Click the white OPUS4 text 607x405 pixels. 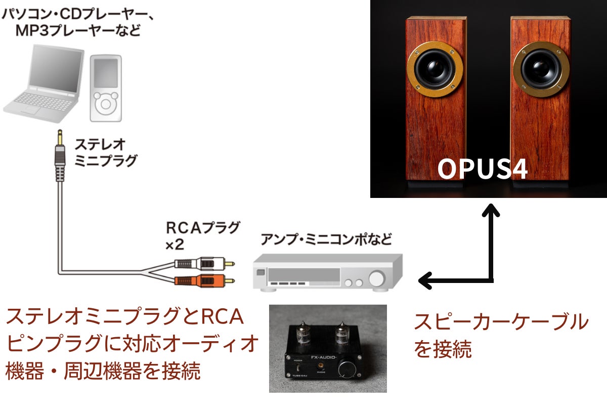tap(483, 170)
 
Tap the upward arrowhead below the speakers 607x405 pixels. tap(491, 209)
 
